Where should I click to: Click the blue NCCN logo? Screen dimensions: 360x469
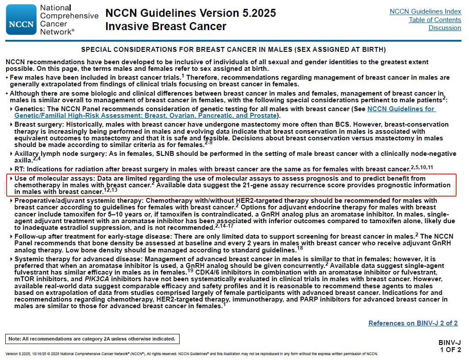click(x=21, y=20)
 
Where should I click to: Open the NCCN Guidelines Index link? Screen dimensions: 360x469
click(x=425, y=12)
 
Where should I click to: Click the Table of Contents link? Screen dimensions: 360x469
click(x=434, y=20)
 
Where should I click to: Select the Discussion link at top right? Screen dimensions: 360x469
click(x=445, y=28)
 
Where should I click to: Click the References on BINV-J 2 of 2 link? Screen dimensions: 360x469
click(x=413, y=323)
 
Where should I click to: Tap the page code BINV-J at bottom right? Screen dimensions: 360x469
click(x=450, y=343)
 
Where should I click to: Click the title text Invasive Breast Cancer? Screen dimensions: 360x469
click(x=165, y=27)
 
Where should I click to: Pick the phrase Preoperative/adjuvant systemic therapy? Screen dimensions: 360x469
click(x=79, y=201)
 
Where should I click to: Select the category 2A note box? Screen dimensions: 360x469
click(x=92, y=339)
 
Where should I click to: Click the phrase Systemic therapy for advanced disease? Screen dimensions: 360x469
click(x=78, y=259)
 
